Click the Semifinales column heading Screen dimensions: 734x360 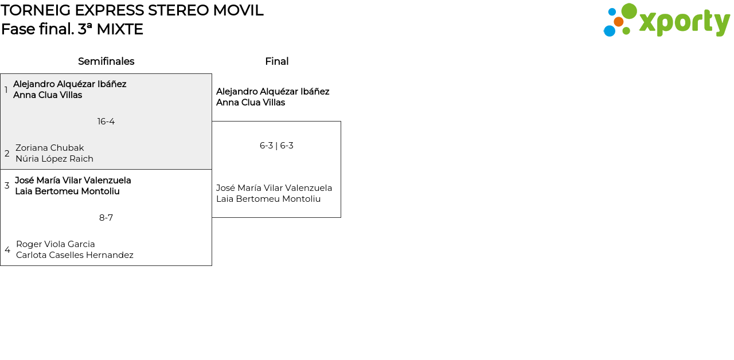coord(106,61)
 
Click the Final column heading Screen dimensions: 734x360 coord(277,61)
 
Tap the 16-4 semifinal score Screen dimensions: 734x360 coord(106,122)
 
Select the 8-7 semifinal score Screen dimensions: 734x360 coord(106,218)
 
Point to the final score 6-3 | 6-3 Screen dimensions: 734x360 coord(276,146)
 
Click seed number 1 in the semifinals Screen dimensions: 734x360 coord(6,89)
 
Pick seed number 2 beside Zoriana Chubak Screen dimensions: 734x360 coord(7,153)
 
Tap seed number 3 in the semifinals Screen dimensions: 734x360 coord(7,185)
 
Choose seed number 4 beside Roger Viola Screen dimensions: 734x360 coord(7,249)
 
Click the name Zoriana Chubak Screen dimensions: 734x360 coord(50,148)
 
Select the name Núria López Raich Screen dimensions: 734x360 coord(54,159)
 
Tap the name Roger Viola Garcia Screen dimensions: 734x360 coord(56,244)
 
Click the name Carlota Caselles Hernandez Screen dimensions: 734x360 coord(75,255)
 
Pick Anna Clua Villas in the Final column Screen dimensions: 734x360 coord(251,103)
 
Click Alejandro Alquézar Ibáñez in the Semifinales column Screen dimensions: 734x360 coord(70,84)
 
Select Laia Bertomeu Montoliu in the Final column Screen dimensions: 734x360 coord(268,199)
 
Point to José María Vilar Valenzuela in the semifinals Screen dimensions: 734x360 coord(73,181)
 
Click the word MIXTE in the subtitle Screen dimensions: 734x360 coord(120,29)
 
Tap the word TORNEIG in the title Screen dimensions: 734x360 coord(36,10)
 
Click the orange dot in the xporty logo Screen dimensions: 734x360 coord(619,22)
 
